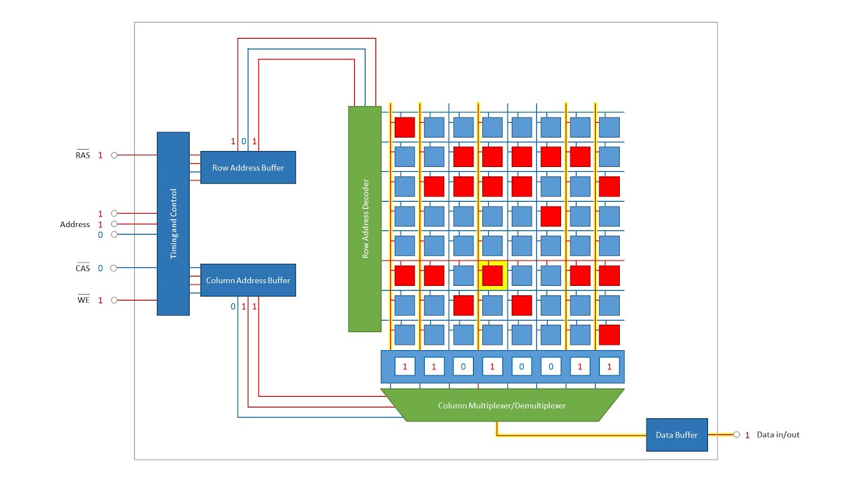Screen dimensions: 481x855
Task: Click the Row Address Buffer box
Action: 248,167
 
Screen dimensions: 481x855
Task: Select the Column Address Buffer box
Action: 248,280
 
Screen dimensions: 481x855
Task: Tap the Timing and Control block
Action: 173,223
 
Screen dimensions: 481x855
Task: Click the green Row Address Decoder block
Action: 365,218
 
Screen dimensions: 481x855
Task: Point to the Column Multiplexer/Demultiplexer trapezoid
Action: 502,406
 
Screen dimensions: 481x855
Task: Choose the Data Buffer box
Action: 676,435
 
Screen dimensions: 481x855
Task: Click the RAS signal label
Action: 82,155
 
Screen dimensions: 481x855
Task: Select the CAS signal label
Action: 82,269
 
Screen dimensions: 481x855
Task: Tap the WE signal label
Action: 82,301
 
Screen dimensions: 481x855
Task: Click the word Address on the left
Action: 75,224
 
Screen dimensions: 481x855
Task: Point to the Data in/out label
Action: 778,435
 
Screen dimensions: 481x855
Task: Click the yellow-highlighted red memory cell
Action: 492,275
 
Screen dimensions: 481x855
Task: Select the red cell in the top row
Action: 404,127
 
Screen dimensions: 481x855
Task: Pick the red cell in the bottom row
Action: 609,334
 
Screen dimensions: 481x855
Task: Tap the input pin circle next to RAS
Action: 114,155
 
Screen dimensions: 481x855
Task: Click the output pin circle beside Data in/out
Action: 736,435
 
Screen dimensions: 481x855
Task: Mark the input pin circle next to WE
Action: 114,301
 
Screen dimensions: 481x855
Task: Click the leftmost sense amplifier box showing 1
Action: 404,367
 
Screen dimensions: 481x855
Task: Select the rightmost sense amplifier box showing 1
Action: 609,367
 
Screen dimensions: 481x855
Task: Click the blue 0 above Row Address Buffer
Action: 244,142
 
